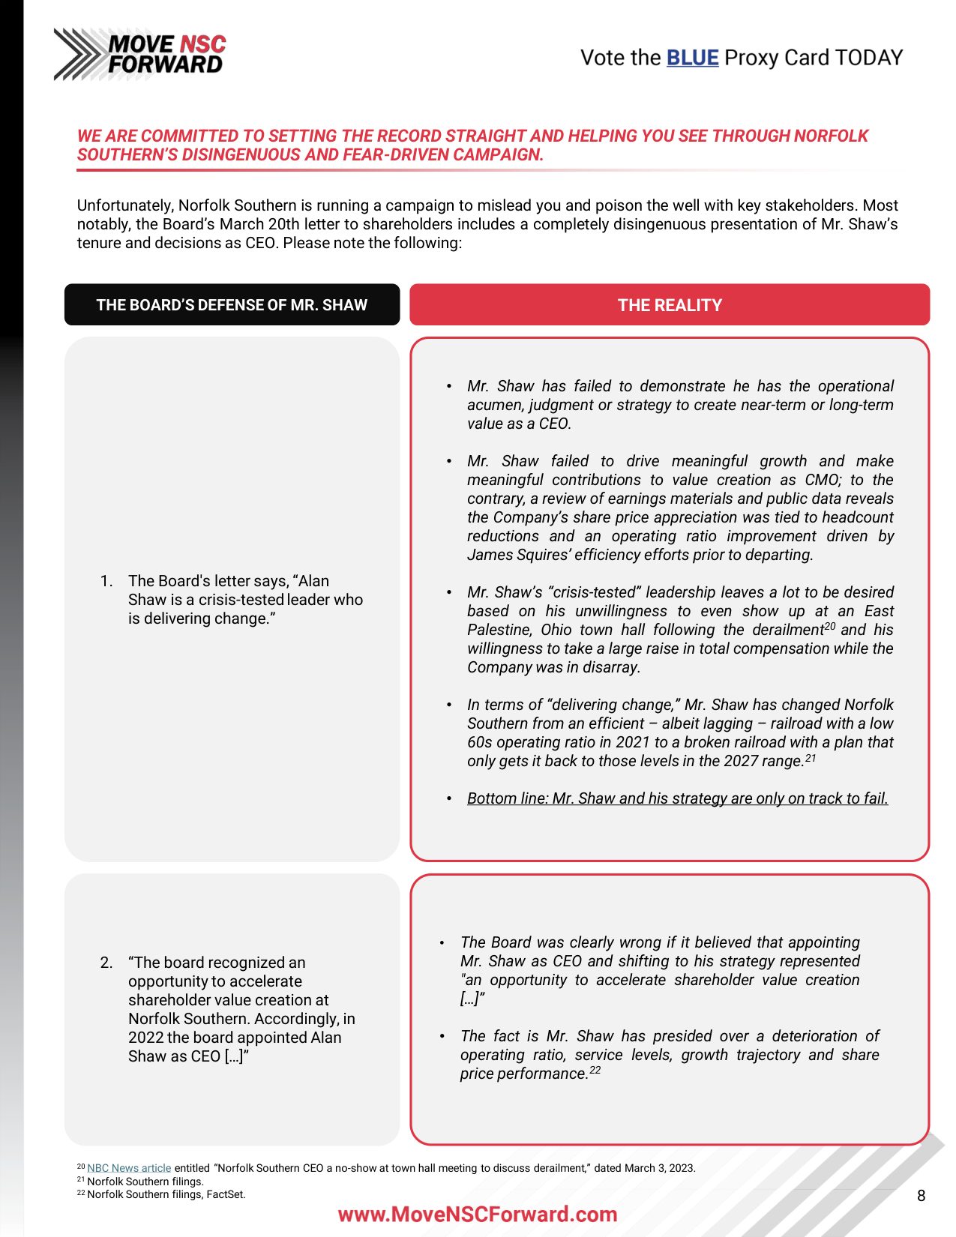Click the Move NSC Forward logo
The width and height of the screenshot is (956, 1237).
[139, 54]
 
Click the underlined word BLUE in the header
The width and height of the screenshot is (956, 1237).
[692, 58]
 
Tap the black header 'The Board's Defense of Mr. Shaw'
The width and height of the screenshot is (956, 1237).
[232, 305]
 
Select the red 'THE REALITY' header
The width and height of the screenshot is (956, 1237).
[669, 305]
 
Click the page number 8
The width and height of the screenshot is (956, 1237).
[921, 1196]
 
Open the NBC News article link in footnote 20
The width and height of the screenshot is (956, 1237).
[129, 1168]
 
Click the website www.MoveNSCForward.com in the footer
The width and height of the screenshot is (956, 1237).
[478, 1215]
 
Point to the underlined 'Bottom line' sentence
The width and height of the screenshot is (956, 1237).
[677, 798]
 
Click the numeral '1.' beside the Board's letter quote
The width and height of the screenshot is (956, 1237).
[106, 581]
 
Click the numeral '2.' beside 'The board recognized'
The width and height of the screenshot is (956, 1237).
[106, 963]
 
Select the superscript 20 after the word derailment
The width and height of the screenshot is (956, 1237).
[829, 625]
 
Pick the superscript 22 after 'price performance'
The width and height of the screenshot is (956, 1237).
[595, 1070]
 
